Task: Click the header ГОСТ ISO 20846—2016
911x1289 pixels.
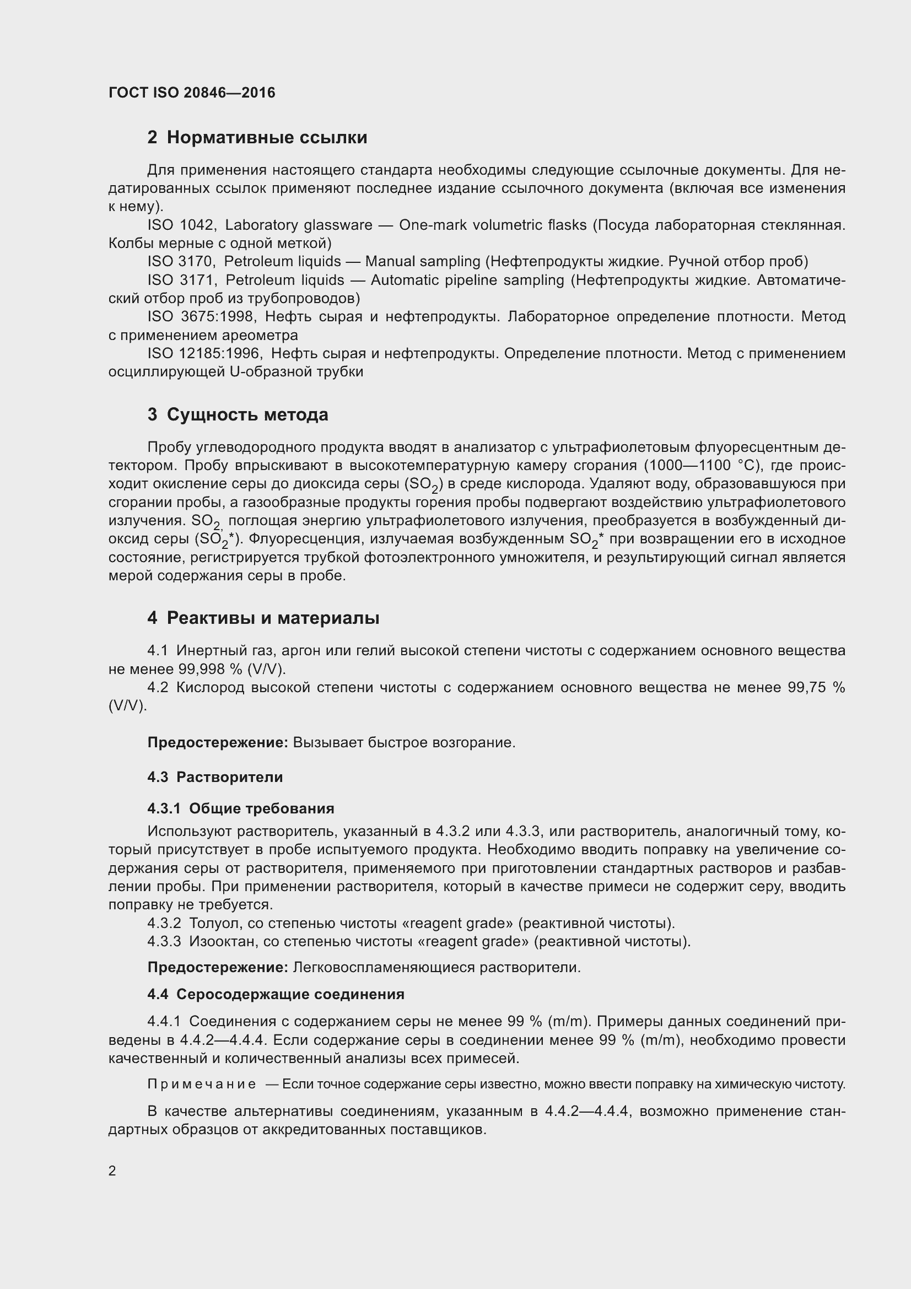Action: click(x=191, y=93)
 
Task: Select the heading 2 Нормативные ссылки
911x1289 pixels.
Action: click(x=257, y=137)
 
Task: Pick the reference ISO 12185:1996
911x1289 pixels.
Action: click(x=204, y=354)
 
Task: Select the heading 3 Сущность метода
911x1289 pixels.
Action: click(x=238, y=414)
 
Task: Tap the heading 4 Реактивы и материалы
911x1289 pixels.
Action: click(x=263, y=618)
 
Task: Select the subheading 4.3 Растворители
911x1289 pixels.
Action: click(x=215, y=777)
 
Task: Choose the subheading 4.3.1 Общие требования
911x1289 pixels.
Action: click(x=240, y=808)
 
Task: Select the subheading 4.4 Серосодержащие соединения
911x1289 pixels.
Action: click(x=276, y=994)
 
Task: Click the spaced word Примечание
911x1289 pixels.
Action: click(x=202, y=1084)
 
